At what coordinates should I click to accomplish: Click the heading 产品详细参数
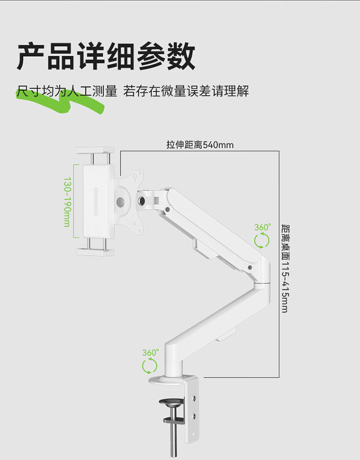tap(107, 56)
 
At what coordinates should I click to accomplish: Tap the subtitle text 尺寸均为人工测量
tap(67, 91)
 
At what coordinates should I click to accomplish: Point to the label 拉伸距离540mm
tap(200, 145)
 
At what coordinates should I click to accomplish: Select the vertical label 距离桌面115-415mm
tap(285, 268)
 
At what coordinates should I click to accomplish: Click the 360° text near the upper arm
tap(262, 227)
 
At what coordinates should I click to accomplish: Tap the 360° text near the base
tap(150, 352)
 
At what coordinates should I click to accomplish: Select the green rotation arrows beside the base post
tap(150, 366)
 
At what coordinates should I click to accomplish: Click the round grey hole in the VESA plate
tap(122, 202)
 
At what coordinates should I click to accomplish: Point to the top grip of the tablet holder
tap(95, 152)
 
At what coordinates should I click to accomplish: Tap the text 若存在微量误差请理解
tap(186, 91)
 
